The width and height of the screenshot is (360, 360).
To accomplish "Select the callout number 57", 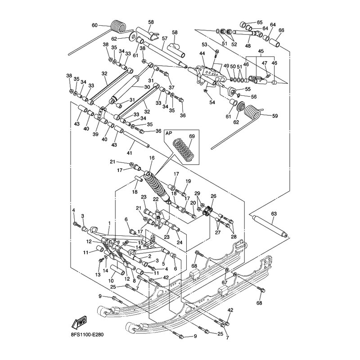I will tap(165, 38).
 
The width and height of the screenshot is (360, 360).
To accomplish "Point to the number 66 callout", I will tap(282, 30).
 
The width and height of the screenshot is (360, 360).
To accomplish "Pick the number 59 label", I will tap(275, 116).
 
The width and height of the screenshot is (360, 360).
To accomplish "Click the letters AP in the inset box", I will tap(169, 134).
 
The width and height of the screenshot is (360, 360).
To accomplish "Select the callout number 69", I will tap(192, 135).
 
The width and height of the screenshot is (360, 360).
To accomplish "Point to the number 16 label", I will tap(152, 158).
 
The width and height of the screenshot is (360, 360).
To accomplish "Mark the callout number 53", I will tap(204, 45).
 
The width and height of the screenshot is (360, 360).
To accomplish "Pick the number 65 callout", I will tap(260, 22).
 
